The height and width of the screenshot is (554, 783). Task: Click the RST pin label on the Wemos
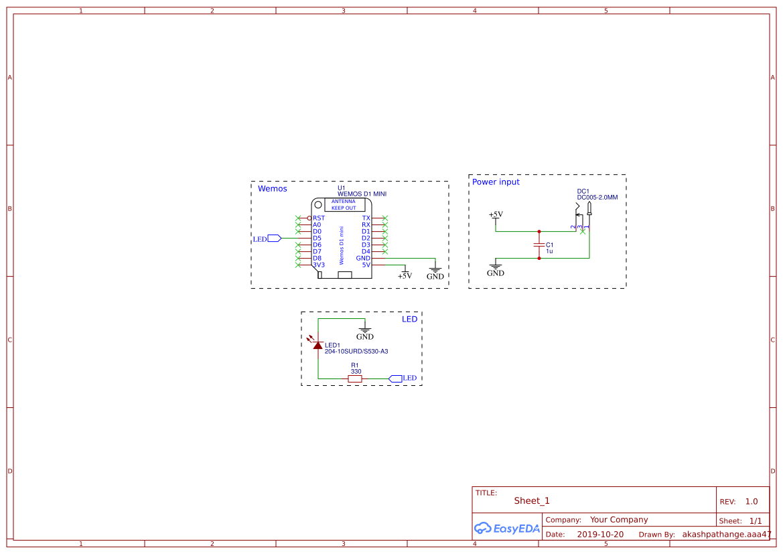point(319,218)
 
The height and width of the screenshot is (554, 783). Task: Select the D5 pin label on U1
point(317,238)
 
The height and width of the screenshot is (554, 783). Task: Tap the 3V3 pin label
point(319,265)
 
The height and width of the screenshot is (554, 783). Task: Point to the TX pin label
point(366,218)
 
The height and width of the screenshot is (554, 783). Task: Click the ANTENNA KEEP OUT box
point(344,204)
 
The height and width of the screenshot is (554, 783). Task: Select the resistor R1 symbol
point(355,379)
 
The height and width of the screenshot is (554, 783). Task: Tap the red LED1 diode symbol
point(317,345)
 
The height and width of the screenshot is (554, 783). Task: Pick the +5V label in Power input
point(496,214)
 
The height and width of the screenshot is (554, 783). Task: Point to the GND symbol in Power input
point(496,269)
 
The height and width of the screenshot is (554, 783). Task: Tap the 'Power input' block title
point(496,182)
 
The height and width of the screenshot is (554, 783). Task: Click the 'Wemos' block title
point(273,189)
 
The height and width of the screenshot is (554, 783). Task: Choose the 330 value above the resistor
point(356,372)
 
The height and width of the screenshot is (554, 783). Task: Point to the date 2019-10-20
point(600,535)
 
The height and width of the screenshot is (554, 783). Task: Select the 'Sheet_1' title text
point(532,501)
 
